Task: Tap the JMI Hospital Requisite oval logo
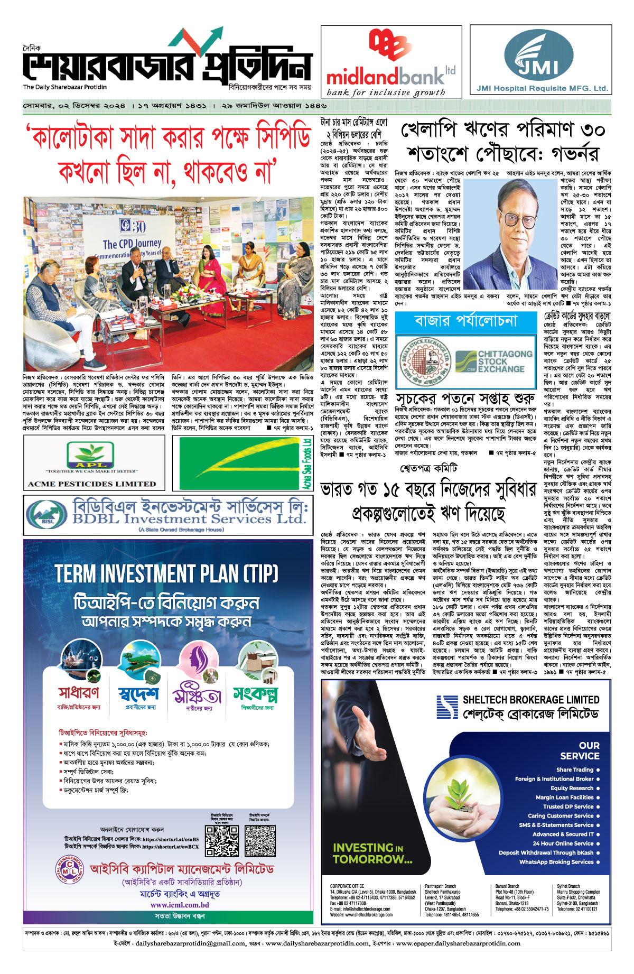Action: click(x=538, y=53)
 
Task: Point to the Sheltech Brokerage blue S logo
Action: click(x=447, y=707)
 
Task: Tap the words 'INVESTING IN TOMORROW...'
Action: click(x=372, y=854)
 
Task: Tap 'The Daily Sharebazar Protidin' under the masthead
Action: click(x=64, y=87)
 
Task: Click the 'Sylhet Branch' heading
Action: click(x=568, y=886)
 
